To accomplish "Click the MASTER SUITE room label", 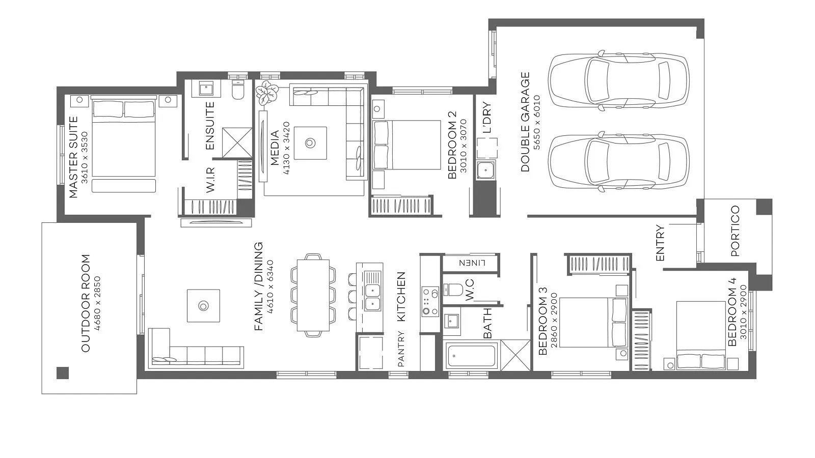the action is pos(73,157).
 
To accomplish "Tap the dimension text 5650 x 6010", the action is pos(536,122).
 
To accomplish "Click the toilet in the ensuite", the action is pos(238,90).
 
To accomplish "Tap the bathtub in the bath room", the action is pos(472,356).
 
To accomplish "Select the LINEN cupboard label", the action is pos(472,263).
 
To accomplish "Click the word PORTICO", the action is pos(735,231).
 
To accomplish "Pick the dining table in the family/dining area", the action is pos(313,295).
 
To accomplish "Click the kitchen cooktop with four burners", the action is pos(430,301).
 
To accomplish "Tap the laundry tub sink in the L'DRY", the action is pos(485,170).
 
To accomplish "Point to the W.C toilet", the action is pos(453,290).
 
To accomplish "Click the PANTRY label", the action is pos(400,349).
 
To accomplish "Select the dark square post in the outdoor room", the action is pos(63,373).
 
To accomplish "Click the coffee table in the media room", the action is pos(310,143).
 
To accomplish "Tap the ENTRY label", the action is pos(660,243).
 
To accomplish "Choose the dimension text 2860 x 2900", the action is pos(554,320).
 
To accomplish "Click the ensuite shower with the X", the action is pos(237,142).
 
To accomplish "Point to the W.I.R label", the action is pos(210,180).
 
